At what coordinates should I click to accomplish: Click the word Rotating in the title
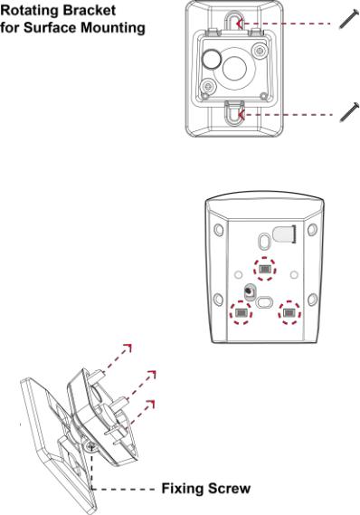29,11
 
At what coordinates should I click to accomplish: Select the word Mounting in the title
113,28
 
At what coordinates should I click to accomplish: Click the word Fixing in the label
182,489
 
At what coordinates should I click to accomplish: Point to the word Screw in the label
229,489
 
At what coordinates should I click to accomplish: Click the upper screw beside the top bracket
348,19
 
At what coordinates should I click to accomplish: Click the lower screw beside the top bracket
349,112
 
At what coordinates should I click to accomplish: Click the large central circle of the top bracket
234,68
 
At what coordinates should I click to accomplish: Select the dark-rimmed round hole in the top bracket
212,59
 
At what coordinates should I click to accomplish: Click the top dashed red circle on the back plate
265,269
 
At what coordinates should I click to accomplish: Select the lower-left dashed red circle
241,313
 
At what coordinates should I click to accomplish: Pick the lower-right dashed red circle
289,312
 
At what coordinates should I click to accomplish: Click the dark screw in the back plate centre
250,291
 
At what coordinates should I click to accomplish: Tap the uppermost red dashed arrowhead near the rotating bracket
128,348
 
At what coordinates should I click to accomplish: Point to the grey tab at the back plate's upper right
284,234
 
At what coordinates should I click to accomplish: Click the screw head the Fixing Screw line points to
90,446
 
